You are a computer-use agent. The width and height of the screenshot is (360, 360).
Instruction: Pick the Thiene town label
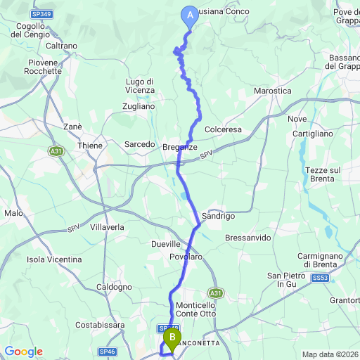coord(91,146)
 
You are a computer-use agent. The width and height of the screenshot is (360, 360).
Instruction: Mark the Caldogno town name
coord(114,287)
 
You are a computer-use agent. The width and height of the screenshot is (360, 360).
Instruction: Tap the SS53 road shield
coord(321,278)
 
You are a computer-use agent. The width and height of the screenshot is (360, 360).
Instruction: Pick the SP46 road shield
coord(107,350)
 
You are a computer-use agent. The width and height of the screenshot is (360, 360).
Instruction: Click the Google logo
coord(23,352)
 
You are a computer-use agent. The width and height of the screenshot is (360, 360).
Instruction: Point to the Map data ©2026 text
coord(330,354)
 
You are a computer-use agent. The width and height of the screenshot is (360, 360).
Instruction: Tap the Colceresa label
coord(223,130)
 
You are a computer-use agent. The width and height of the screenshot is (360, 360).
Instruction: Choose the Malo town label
coord(13,213)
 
